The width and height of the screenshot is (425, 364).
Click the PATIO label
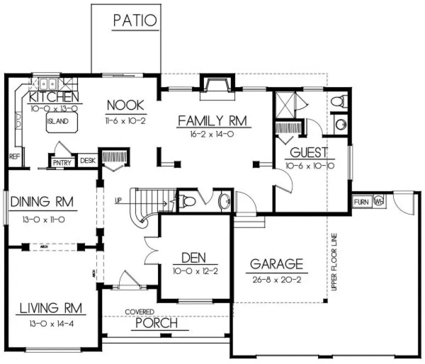(x=135, y=20)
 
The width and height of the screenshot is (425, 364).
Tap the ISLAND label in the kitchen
(x=58, y=121)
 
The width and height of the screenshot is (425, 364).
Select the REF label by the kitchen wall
(x=14, y=157)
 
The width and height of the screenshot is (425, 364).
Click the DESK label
(x=88, y=161)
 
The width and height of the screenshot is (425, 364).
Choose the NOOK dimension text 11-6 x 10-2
(x=125, y=119)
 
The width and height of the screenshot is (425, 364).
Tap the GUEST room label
(x=309, y=152)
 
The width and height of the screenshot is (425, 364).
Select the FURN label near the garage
(x=361, y=202)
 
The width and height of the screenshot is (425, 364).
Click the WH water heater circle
(x=378, y=202)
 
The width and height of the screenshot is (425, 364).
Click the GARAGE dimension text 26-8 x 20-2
(x=276, y=278)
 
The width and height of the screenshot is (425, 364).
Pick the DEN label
(x=194, y=258)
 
